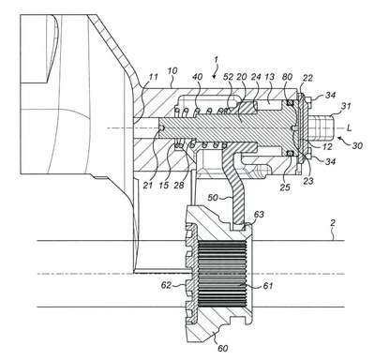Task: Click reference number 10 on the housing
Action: (x=172, y=71)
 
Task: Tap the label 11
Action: (x=153, y=77)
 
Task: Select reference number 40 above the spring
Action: (x=198, y=77)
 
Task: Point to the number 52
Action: (x=229, y=77)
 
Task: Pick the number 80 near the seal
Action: (x=287, y=77)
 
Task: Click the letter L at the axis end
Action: (x=350, y=127)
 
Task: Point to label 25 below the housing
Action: (x=285, y=187)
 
